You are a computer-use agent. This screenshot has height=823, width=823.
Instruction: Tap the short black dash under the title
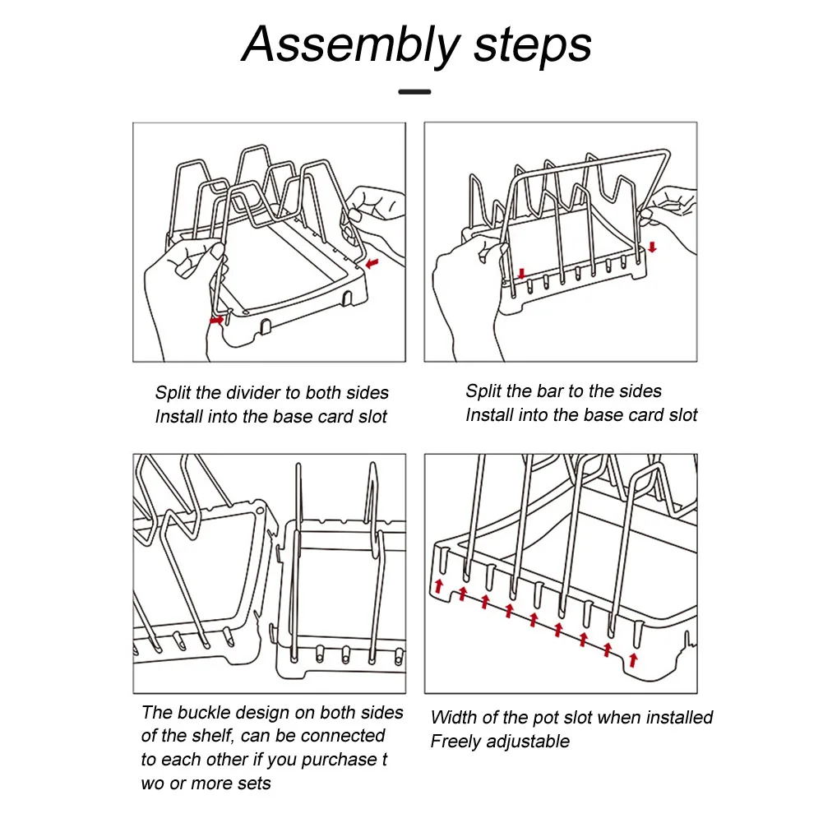tap(414, 91)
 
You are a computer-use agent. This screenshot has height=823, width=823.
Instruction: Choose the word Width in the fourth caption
tap(454, 718)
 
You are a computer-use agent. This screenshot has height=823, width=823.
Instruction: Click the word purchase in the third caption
tap(339, 760)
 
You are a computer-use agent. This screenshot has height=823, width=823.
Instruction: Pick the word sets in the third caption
tap(254, 784)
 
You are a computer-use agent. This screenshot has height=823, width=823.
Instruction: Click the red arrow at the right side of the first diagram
tap(374, 264)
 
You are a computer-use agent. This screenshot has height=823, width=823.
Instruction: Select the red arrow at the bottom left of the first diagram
tap(216, 320)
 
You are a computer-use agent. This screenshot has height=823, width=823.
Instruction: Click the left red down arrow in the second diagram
tap(520, 273)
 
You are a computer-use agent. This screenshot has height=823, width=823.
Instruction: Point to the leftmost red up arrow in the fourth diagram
tap(439, 586)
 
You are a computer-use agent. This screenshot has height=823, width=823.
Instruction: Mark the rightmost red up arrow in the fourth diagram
tap(632, 659)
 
